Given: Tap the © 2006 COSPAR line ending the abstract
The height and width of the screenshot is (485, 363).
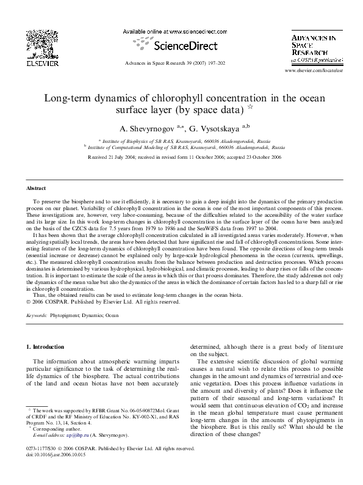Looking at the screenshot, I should [x=106, y=302].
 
